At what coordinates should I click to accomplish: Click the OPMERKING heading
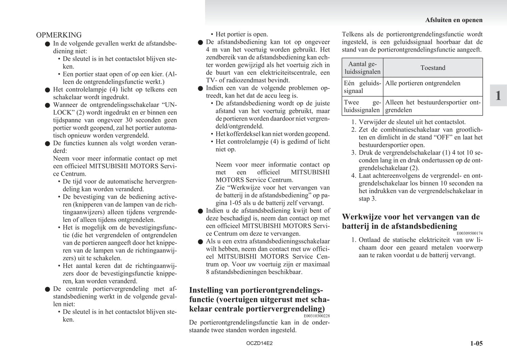pos(59,35)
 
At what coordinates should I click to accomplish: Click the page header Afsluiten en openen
pos(454,20)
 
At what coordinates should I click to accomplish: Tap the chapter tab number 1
pos(498,95)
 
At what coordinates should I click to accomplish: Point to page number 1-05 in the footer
pos(476,344)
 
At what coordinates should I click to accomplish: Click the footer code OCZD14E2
pos(259,343)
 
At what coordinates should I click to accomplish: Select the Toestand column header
pos(433,68)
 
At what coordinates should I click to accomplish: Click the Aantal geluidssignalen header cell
pos(362,68)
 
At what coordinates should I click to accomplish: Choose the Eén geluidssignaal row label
pos(362,87)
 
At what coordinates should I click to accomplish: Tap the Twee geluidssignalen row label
pos(362,106)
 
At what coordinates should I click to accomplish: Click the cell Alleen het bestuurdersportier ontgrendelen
pos(433,106)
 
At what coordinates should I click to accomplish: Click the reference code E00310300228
pos(317,316)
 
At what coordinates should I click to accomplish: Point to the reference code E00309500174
pos(469,233)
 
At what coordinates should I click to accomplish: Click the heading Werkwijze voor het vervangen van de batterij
pos(411,221)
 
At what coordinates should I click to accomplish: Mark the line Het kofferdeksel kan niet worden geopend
pos(273,134)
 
